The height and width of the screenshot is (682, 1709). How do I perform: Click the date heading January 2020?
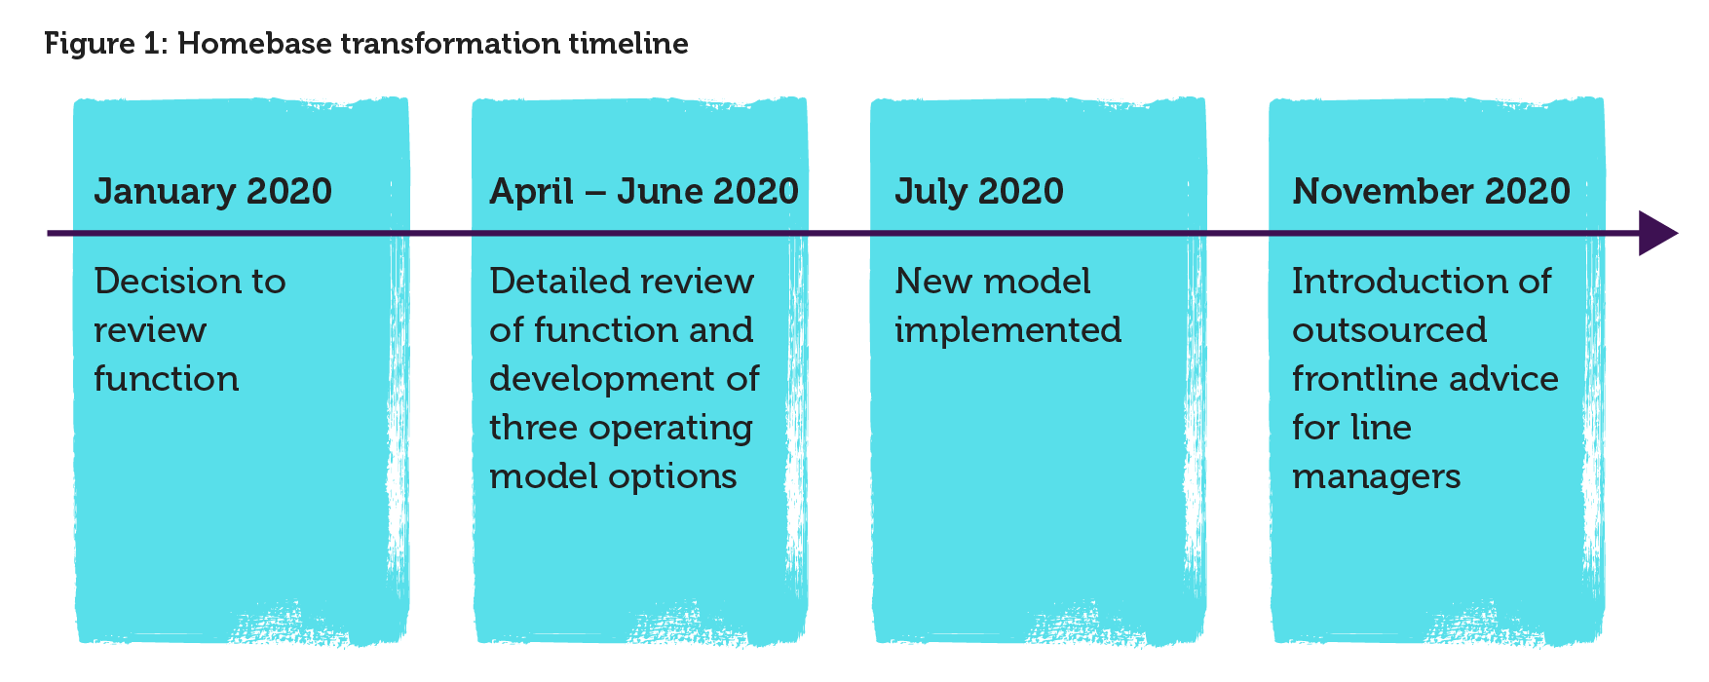[213, 192]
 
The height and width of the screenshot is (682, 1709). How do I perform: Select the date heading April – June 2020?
[644, 192]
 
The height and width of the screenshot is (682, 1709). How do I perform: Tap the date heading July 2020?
[979, 192]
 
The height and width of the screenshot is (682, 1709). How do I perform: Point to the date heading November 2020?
[1431, 191]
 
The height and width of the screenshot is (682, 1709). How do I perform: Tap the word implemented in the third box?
[1008, 330]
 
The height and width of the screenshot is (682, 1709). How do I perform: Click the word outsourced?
[1389, 330]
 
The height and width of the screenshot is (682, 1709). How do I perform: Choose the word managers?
[1377, 477]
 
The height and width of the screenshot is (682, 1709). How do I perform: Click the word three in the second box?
[532, 428]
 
